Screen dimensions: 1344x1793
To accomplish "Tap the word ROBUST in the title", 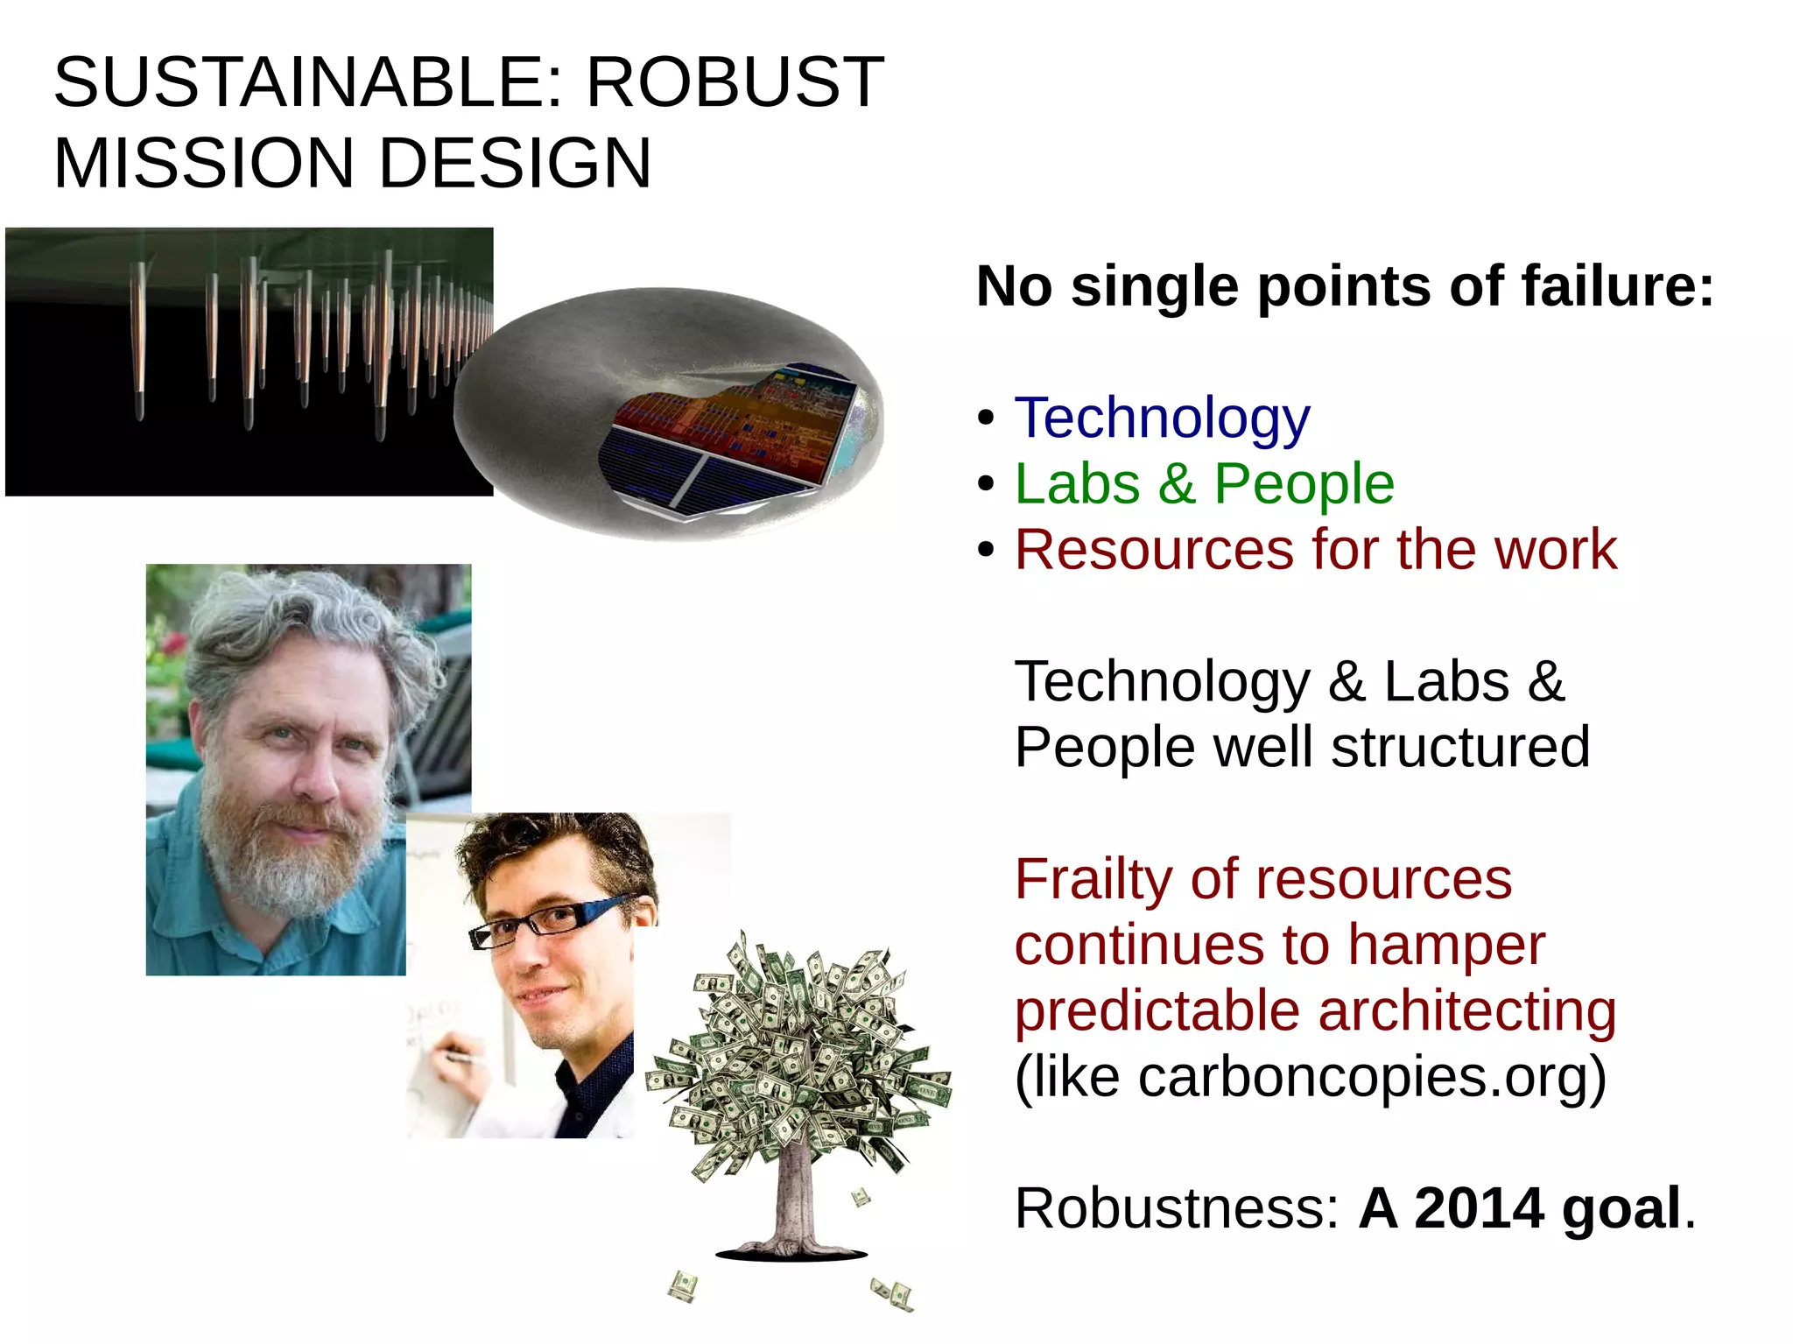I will click(735, 82).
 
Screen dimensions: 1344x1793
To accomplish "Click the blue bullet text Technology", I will click(1162, 418).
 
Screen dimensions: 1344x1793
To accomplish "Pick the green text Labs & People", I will click(1204, 483).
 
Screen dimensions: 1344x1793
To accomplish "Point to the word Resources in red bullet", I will click(1154, 550).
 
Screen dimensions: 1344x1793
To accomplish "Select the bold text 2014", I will click(1479, 1208).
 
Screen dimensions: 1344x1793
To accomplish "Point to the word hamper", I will click(1445, 945).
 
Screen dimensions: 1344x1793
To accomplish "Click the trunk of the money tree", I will click(793, 1200).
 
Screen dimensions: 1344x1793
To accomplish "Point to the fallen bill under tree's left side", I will click(683, 1286).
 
